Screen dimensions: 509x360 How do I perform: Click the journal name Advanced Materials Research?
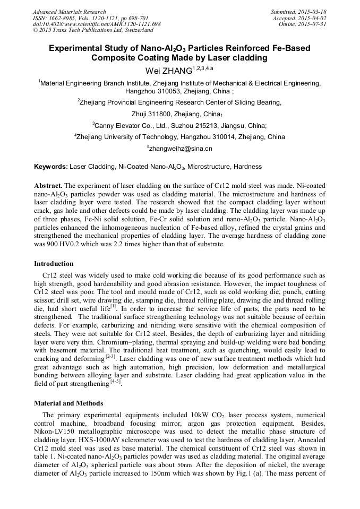pos(69,12)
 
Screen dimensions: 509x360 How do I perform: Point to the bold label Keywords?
pos(51,167)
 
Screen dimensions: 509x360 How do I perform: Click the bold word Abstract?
pos(48,185)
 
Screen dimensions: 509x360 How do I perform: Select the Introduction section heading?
pos(54,264)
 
